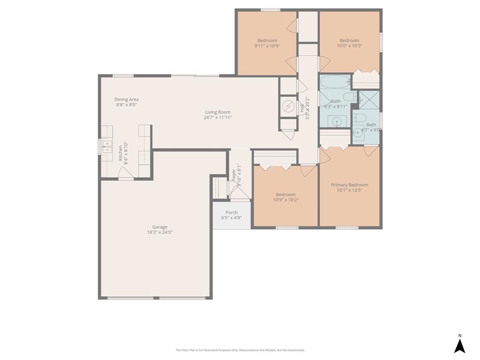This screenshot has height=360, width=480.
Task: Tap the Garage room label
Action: pos(159,227)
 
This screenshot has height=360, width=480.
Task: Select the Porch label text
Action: pos(232,212)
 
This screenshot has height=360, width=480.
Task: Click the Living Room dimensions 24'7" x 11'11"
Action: pos(217,117)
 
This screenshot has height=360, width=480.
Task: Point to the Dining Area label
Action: pos(127,99)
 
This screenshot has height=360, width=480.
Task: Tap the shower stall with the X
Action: pos(369,100)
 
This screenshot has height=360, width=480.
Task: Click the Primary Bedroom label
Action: pos(349,185)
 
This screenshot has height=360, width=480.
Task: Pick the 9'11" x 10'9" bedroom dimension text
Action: pos(267,46)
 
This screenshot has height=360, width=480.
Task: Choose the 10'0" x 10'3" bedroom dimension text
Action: pos(349,46)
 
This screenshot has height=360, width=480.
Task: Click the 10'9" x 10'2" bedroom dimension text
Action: pos(285,200)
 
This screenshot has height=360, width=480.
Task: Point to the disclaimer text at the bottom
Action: pos(240,350)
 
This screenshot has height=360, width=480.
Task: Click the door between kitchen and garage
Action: pos(126,175)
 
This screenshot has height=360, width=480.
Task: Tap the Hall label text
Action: pos(302,108)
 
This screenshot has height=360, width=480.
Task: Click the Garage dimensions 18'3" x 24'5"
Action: pos(159,232)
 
